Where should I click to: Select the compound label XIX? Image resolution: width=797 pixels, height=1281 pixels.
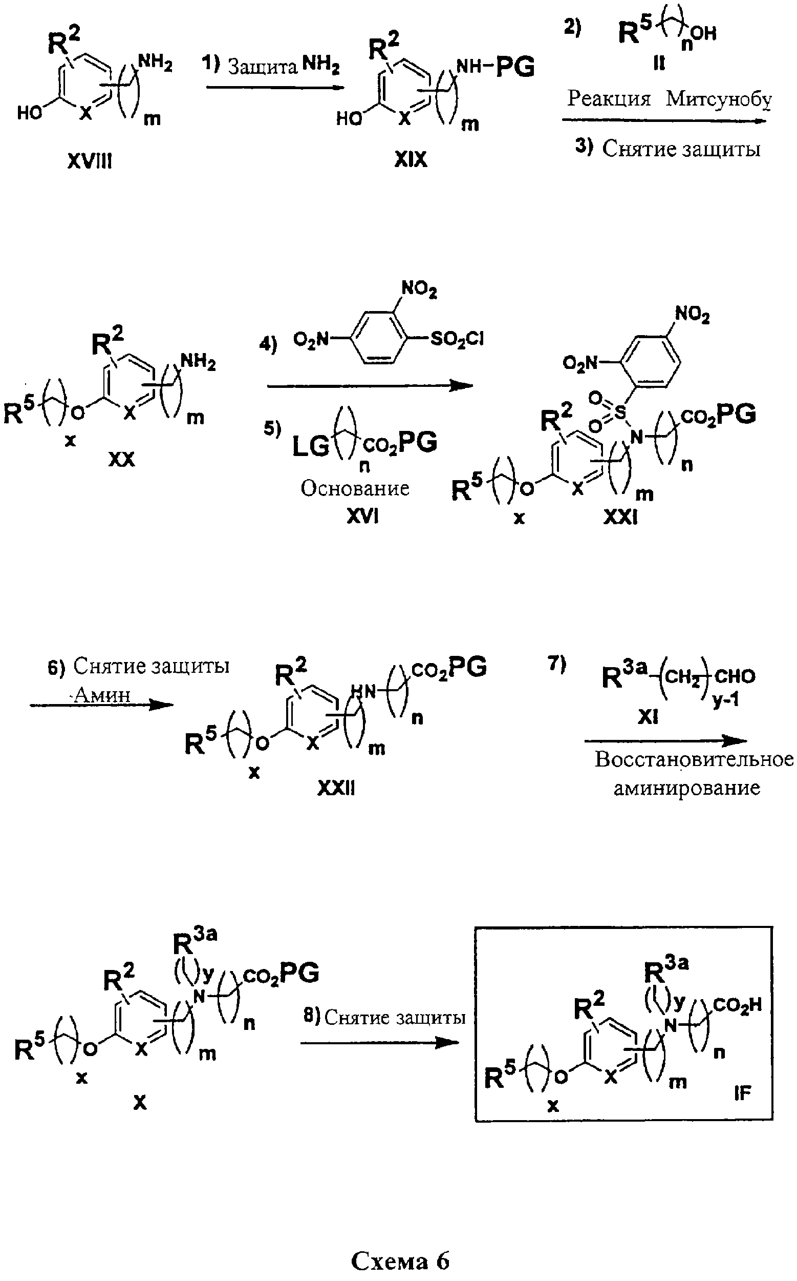coord(411,159)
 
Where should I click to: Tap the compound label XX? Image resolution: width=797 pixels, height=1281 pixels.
coord(122,459)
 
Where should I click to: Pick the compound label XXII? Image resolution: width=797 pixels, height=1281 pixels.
coord(336,788)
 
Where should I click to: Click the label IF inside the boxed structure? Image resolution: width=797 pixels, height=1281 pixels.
coord(742,1093)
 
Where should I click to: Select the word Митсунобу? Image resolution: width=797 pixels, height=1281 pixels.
coord(719,99)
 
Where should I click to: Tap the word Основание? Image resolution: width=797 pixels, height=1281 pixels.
coord(355,488)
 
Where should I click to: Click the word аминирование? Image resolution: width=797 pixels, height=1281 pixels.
coord(687,788)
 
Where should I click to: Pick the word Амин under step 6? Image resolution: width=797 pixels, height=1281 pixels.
coord(102,695)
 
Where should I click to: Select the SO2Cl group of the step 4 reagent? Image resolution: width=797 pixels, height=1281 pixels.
coord(457,339)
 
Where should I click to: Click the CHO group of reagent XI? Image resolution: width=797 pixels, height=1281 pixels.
coord(735,676)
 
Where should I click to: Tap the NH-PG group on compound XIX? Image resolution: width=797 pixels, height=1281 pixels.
coord(495,67)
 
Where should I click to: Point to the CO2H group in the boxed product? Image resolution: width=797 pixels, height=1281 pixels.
coord(738,1004)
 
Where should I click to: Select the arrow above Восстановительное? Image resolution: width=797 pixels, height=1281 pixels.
coord(666,741)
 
